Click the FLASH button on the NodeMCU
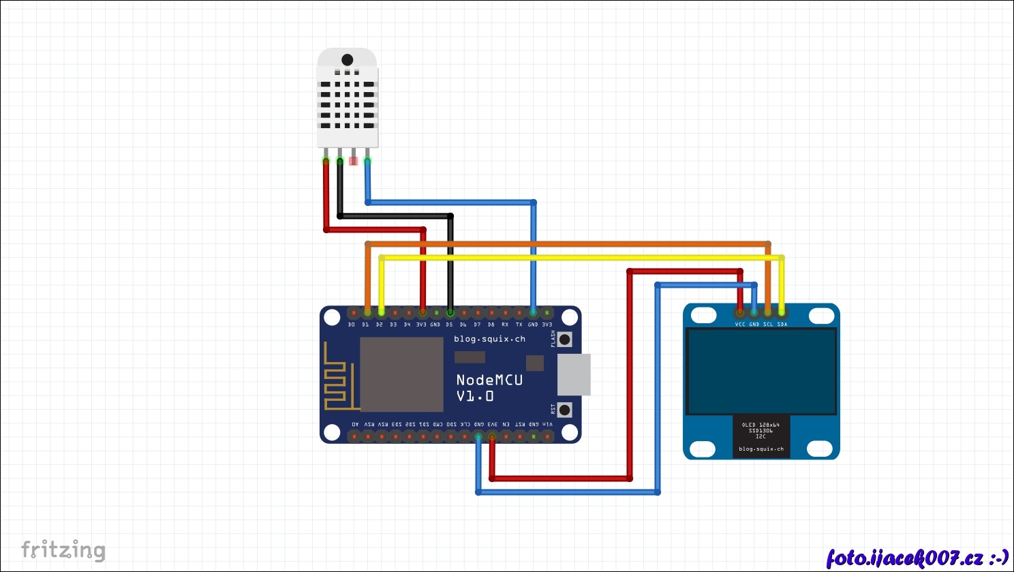[564, 340]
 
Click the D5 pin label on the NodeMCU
[449, 325]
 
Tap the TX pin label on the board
[519, 325]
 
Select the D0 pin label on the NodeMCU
[352, 325]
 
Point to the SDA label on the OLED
[782, 325]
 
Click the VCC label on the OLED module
[740, 325]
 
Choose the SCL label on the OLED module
[768, 325]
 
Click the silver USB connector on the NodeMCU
[574, 374]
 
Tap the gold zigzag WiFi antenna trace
[338, 382]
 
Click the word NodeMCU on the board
[489, 380]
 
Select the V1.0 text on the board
[475, 396]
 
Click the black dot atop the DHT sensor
[348, 60]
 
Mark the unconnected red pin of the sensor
[353, 162]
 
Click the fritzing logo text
[63, 550]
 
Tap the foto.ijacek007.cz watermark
[917, 558]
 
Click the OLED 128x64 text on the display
[760, 425]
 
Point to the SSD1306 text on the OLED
[760, 431]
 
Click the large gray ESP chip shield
[401, 374]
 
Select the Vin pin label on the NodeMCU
[547, 424]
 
